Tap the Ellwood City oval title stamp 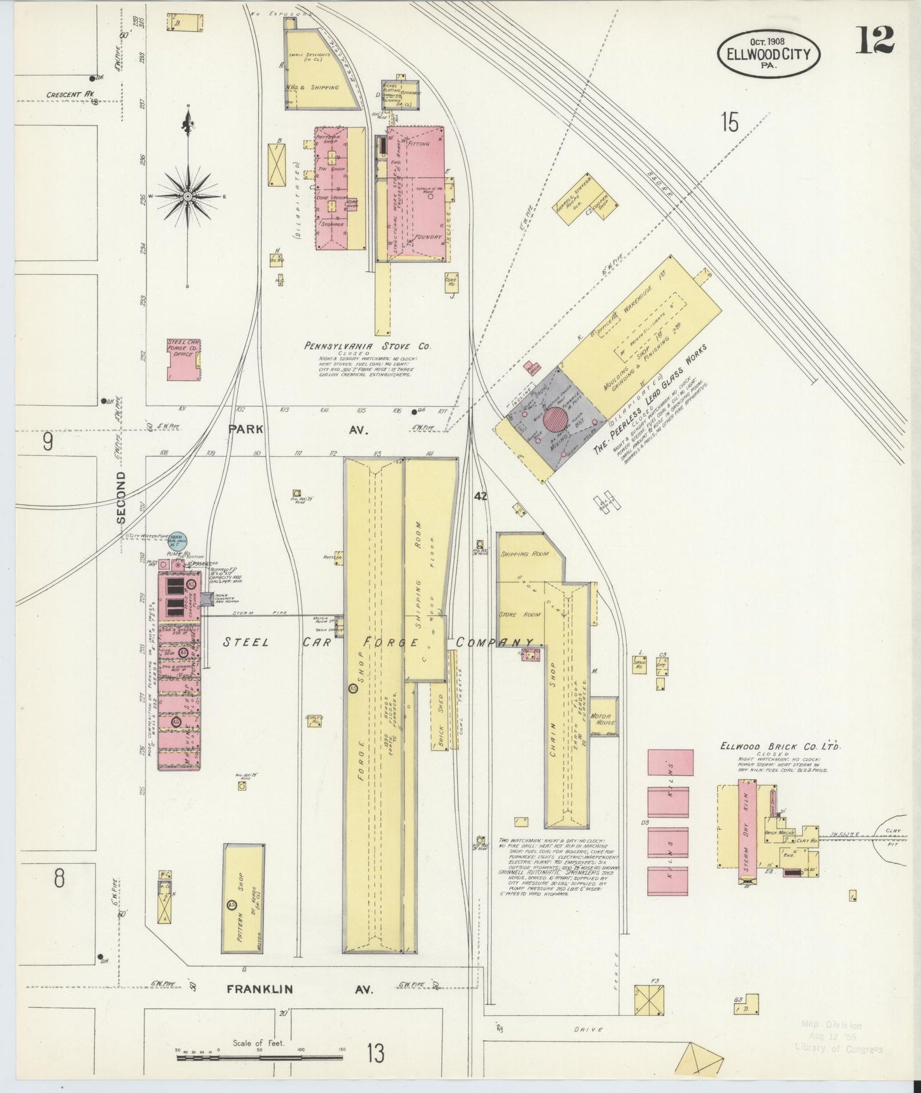pyautogui.click(x=769, y=54)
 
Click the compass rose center pyautogui.click(x=187, y=196)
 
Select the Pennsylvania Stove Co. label pyautogui.click(x=367, y=346)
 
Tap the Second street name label pyautogui.click(x=121, y=498)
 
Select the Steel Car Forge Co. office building pyautogui.click(x=184, y=360)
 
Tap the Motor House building pyautogui.click(x=602, y=719)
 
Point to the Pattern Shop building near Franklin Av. pyautogui.click(x=243, y=899)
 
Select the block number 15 pyautogui.click(x=729, y=122)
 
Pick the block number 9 pyautogui.click(x=47, y=442)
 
